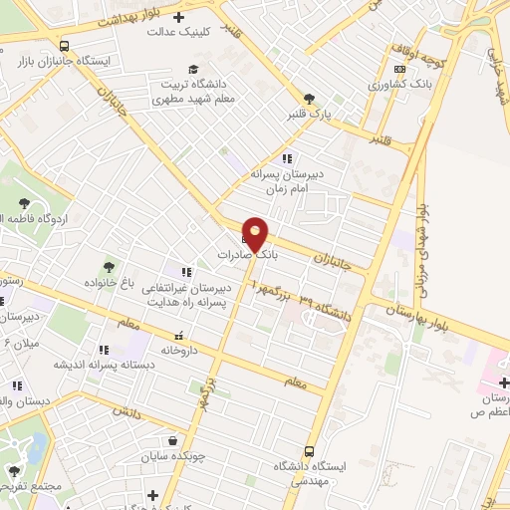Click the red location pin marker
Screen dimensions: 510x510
pyautogui.click(x=255, y=234)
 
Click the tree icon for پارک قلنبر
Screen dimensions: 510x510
pyautogui.click(x=309, y=98)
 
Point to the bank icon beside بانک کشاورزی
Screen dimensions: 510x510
pyautogui.click(x=400, y=70)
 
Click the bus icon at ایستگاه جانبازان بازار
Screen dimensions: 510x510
pyautogui.click(x=65, y=46)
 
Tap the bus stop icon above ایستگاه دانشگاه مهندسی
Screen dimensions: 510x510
pyautogui.click(x=309, y=450)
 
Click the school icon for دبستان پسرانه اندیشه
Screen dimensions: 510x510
pyautogui.click(x=104, y=350)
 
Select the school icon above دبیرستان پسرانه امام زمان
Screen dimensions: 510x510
pyautogui.click(x=287, y=157)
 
